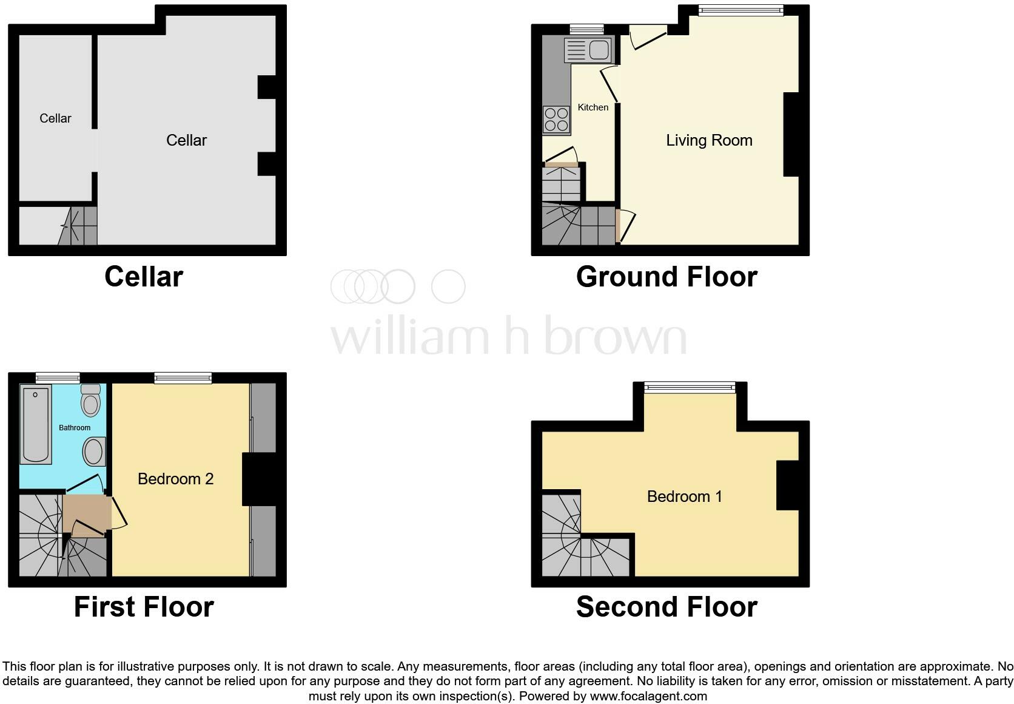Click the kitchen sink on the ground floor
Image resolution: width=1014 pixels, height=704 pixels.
588,49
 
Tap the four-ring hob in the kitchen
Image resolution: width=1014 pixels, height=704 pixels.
556,120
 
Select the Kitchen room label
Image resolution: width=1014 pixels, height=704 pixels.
593,107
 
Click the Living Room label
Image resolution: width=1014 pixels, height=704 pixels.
709,140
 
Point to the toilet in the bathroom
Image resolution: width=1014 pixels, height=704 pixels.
90,400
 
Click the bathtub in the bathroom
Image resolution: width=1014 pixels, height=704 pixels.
35,424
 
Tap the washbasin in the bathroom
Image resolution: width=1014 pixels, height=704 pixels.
94,452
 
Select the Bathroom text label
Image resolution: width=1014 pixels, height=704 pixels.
75,428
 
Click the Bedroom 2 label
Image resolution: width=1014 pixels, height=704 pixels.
176,479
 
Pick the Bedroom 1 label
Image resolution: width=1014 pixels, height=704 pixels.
685,496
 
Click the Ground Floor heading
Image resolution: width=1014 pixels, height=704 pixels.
666,276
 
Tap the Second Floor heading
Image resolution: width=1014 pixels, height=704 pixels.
666,607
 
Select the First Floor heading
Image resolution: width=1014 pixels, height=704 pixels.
144,607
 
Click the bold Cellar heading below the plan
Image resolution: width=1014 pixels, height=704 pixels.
144,276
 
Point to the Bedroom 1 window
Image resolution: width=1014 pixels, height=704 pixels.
690,387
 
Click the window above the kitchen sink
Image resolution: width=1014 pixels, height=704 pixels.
586,30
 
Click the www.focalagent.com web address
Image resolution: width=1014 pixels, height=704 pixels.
648,696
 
